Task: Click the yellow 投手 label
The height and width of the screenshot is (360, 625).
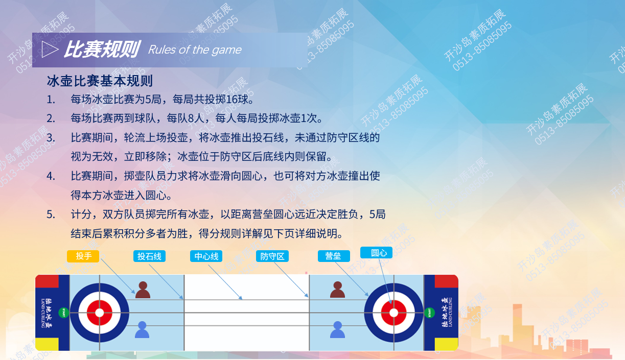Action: coord(83,256)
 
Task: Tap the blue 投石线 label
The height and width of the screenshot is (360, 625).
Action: coord(149,256)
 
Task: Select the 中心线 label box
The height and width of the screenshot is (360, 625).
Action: coord(206,256)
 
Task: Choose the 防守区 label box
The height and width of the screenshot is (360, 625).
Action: coord(272,256)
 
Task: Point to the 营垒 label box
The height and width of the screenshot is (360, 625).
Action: coord(334,256)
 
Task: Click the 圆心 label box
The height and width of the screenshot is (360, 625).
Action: coord(377,253)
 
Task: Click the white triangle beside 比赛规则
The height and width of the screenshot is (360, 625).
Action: coord(50,50)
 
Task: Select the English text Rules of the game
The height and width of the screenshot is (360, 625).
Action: coord(195,50)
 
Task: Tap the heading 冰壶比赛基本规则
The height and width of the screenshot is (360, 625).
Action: coord(100,81)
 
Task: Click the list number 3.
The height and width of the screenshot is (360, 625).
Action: coord(51,138)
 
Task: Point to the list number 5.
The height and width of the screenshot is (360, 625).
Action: coord(51,214)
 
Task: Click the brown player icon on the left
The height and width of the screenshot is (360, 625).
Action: coord(143,290)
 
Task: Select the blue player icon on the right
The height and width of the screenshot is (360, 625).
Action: coord(338,329)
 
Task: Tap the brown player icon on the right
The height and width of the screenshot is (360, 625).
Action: coord(338,290)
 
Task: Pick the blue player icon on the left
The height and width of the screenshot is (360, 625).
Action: coord(142,329)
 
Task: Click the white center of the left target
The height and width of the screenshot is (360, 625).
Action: coord(100,313)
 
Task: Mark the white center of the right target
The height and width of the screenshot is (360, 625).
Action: coord(393,313)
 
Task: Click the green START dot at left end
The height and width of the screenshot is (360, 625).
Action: coord(64,313)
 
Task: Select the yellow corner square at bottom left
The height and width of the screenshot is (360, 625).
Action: coord(47,344)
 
